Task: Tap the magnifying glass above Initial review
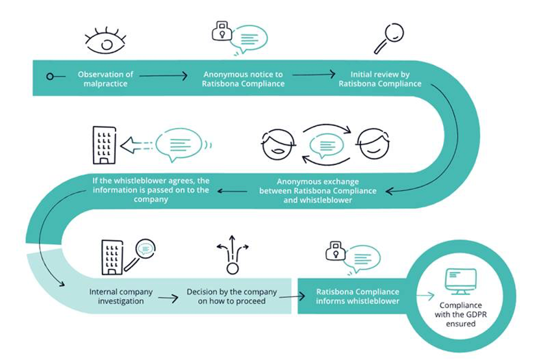click(x=389, y=38)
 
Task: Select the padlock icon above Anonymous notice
click(x=221, y=31)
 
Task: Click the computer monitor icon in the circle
click(x=461, y=281)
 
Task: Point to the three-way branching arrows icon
click(x=233, y=255)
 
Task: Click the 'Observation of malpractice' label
click(x=105, y=79)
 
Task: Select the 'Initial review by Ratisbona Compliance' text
click(x=380, y=79)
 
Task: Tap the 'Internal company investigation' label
click(x=121, y=296)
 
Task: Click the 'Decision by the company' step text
click(x=232, y=292)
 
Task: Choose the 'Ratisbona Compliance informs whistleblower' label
click(x=357, y=296)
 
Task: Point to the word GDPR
click(x=477, y=315)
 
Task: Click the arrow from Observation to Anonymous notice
click(x=164, y=75)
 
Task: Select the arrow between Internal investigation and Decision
click(x=168, y=298)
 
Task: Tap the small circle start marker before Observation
click(x=50, y=77)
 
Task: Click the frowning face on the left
click(x=278, y=145)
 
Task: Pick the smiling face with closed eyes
click(x=373, y=144)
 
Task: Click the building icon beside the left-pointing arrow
click(x=104, y=145)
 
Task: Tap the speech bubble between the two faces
click(x=326, y=145)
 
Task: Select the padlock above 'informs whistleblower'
click(x=335, y=251)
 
